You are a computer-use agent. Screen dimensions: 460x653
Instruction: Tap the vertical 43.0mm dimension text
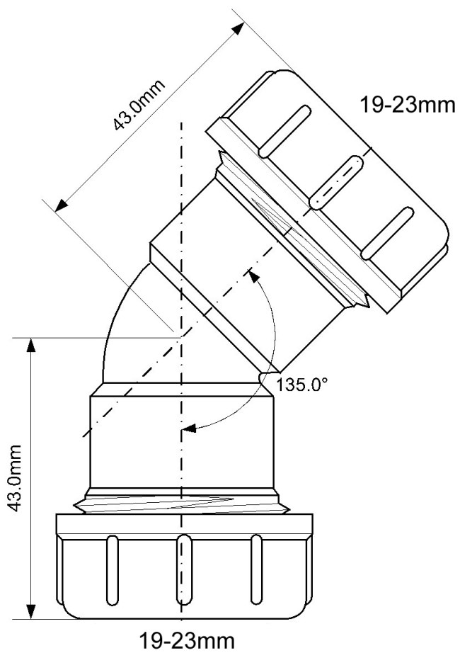point(16,479)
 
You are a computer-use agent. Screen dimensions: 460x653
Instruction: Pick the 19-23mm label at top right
point(408,105)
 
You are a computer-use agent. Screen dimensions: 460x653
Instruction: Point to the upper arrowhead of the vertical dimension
point(30,346)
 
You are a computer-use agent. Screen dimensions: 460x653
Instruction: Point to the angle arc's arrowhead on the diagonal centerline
point(253,276)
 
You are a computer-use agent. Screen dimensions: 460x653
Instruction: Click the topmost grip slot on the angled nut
point(284,131)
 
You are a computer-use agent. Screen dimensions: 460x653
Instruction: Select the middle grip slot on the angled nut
point(336,182)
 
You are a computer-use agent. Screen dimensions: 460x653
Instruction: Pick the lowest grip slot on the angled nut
point(388,233)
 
